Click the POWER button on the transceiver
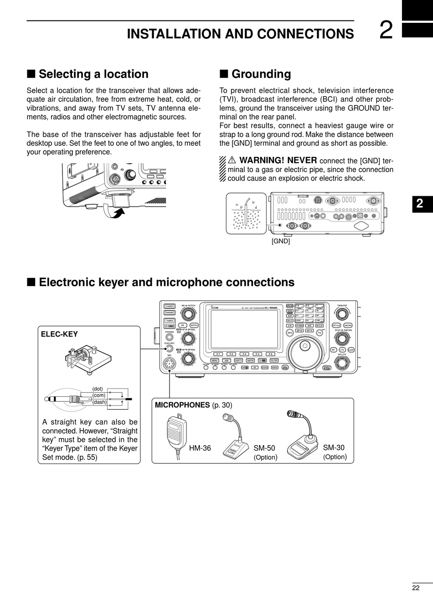(170, 306)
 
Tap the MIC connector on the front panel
(170, 364)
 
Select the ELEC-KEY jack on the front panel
(170, 349)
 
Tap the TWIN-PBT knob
(341, 314)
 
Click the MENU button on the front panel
(215, 360)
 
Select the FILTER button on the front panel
(274, 360)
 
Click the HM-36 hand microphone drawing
(175, 431)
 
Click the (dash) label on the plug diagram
(99, 402)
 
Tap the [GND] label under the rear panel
(281, 241)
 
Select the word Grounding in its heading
(261, 74)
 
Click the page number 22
(415, 587)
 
